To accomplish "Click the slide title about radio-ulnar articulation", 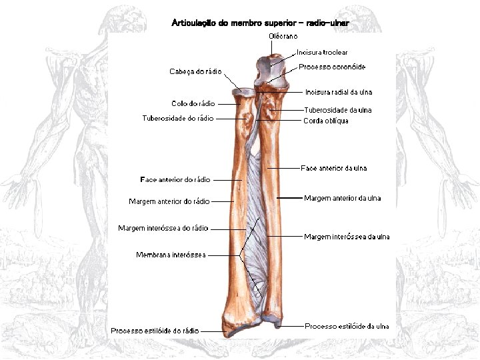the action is (x=260, y=23).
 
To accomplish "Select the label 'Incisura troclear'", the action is (x=322, y=52).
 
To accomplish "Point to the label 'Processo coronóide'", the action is (x=332, y=67).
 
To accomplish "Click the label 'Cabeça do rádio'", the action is (x=195, y=71).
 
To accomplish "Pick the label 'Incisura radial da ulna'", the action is (x=339, y=92).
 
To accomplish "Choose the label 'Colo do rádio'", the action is (x=193, y=103).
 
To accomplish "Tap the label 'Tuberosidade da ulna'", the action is (x=338, y=110).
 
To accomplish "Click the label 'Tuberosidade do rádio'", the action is (x=178, y=119).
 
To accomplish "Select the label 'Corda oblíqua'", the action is (x=326, y=121).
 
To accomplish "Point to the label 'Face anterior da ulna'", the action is (x=334, y=169).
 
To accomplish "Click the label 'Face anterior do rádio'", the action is (x=175, y=180).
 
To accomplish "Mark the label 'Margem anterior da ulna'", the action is (x=343, y=198).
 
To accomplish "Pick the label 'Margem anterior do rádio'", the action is (x=169, y=201).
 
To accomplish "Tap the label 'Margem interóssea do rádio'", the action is (x=163, y=229).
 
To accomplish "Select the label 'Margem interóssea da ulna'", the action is (x=347, y=237).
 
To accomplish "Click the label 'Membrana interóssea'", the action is (x=171, y=255).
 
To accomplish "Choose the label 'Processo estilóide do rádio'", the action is (x=155, y=331).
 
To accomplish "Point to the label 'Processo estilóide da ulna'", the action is (x=347, y=327).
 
